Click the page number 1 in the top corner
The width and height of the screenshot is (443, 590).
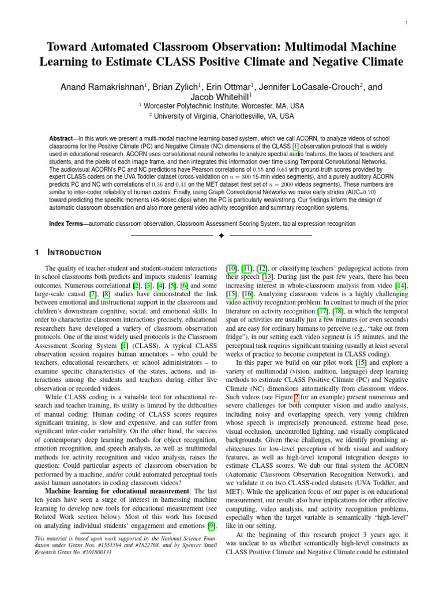tap(407, 23)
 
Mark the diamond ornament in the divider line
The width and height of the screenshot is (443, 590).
tap(221, 236)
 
